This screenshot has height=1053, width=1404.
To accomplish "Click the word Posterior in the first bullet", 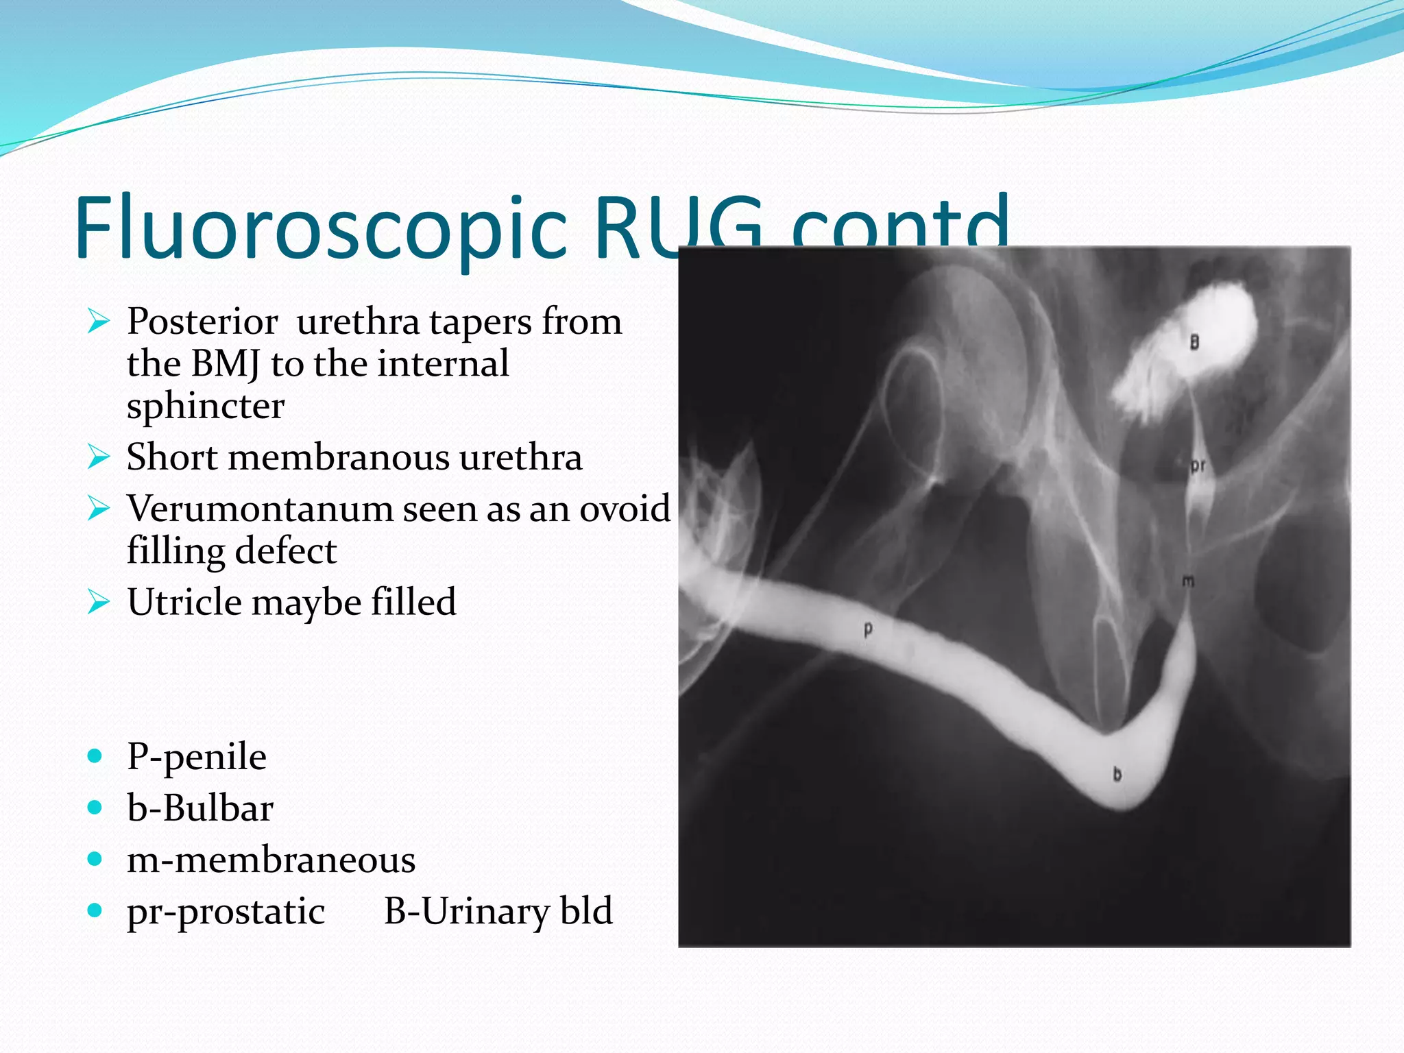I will click(202, 322).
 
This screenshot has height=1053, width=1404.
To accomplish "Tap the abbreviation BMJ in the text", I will click(226, 364).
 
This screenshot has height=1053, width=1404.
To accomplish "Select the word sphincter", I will click(206, 406).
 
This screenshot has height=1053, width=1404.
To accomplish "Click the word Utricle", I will click(184, 602).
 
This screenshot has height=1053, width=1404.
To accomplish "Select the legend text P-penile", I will click(197, 757).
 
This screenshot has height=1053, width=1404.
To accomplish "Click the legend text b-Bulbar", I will click(200, 808).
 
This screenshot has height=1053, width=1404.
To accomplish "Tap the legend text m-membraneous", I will click(271, 860).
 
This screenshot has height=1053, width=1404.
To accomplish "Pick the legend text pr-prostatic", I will click(226, 912).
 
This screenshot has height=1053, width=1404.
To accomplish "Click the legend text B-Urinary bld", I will click(498, 911).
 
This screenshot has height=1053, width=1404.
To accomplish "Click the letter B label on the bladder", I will click(1194, 341).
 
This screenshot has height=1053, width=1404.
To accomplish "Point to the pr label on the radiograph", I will click(1198, 466).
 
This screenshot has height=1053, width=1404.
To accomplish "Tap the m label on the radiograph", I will click(1188, 581).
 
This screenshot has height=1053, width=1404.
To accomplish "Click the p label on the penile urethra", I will click(868, 629).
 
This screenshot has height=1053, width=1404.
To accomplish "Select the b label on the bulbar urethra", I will click(1117, 774).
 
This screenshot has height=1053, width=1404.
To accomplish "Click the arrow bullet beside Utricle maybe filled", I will click(99, 602).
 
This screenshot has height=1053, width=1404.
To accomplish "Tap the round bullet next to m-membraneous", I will click(95, 859).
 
